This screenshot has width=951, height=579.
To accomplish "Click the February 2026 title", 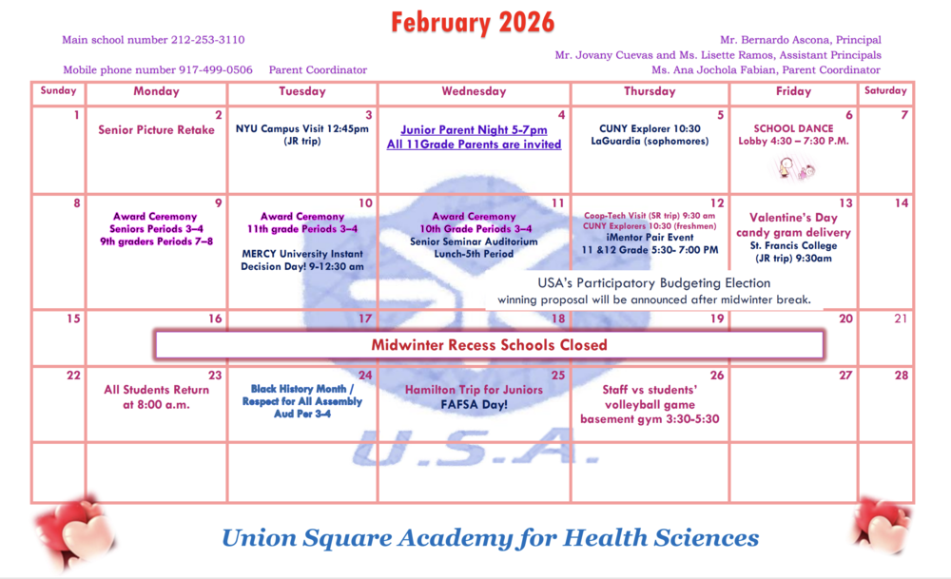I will click(x=473, y=22).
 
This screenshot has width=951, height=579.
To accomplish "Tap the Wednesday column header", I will click(x=474, y=91).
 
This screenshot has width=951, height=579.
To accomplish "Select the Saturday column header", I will click(x=885, y=91).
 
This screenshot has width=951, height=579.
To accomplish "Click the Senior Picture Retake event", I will click(x=156, y=130).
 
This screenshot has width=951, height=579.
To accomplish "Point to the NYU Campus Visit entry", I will click(x=302, y=129).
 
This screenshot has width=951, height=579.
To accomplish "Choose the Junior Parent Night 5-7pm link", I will click(x=474, y=130).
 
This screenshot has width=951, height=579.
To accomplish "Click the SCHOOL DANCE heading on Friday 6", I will click(x=793, y=128).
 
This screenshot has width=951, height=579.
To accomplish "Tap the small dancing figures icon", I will click(x=794, y=169).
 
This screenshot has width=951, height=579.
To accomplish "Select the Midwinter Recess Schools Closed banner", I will click(x=489, y=344).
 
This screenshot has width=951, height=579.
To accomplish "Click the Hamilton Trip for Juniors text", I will click(x=474, y=390).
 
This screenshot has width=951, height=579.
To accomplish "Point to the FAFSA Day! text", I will click(x=474, y=405).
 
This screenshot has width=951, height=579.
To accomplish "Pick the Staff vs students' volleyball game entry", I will click(x=650, y=404).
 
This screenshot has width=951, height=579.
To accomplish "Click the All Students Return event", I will click(x=156, y=396).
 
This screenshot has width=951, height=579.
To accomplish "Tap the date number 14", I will click(x=901, y=203).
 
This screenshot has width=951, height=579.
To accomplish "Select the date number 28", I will click(x=901, y=376).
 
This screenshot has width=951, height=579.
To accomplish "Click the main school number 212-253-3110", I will click(x=207, y=40).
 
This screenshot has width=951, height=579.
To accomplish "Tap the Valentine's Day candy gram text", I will click(x=793, y=225).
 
